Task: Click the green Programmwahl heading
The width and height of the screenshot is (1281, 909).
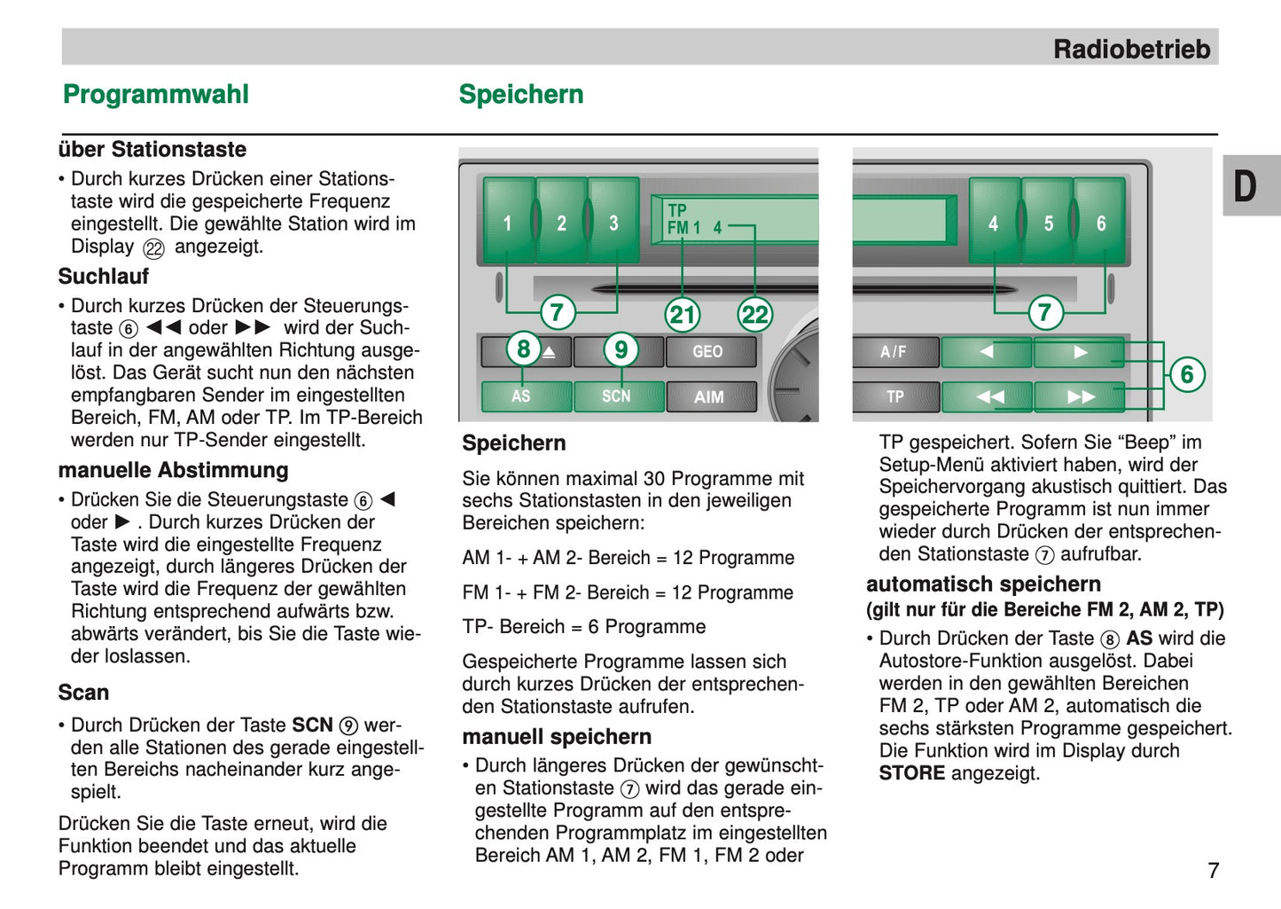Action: point(156,95)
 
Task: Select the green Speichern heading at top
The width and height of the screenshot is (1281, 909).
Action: point(521,95)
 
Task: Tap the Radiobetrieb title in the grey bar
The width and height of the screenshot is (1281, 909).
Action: point(1131,49)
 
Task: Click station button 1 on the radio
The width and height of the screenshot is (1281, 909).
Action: point(508,222)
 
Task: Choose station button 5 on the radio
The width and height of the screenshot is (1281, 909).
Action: point(1048,222)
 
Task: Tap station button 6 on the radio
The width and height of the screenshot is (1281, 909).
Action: point(1100,222)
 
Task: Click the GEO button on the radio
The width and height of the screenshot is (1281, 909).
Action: point(708,352)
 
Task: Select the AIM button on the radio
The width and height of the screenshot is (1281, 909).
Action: point(708,397)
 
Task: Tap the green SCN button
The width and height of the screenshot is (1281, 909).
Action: point(617,396)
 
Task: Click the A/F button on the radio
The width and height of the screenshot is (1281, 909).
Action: point(894,352)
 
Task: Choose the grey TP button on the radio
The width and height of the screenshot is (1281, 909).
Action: point(894,396)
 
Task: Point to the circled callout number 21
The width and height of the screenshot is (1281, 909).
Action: point(683,314)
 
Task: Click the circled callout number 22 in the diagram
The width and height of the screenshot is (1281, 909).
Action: point(755,314)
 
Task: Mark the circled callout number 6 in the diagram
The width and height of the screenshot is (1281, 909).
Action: point(1186,374)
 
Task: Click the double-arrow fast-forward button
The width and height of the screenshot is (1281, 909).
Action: point(1081,396)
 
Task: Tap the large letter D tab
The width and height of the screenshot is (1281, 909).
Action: point(1246,186)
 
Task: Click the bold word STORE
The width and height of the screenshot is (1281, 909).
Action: point(911,773)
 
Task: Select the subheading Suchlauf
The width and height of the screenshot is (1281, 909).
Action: point(104,277)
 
